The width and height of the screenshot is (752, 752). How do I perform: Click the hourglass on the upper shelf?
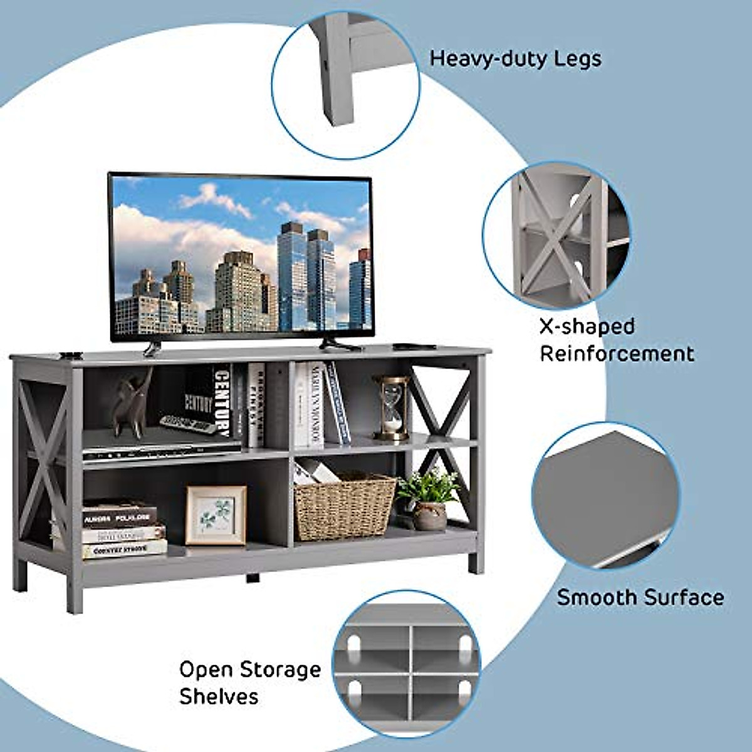[x=392, y=407]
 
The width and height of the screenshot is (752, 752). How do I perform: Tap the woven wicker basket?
[x=344, y=506]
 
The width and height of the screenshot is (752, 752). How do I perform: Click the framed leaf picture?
[x=216, y=516]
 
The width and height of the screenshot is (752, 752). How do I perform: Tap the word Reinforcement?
[x=617, y=353]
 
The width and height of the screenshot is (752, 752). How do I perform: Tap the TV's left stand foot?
[x=152, y=347]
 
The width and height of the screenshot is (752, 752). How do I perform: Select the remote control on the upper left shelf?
[x=188, y=424]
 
